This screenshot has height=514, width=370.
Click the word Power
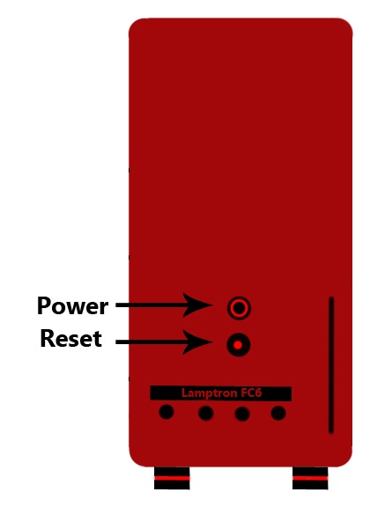72,305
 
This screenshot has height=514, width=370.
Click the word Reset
70,338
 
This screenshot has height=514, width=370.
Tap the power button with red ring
239,308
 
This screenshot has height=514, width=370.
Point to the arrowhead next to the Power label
198,305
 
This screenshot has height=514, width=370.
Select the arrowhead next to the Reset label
198,341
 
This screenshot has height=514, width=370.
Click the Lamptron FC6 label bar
221,393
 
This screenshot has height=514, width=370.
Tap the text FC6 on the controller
251,393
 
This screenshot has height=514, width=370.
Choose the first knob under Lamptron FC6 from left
166,412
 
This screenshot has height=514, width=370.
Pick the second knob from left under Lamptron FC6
205,413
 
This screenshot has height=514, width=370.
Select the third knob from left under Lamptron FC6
242,414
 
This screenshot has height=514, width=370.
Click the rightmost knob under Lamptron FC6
278,413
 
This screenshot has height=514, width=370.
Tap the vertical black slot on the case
331,365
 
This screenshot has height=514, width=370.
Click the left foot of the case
172,478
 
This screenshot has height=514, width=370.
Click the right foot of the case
310,478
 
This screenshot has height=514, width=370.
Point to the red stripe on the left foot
172,478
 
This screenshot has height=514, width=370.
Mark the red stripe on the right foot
310,478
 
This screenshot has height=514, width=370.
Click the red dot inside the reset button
238,345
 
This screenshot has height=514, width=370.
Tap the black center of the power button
239,308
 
